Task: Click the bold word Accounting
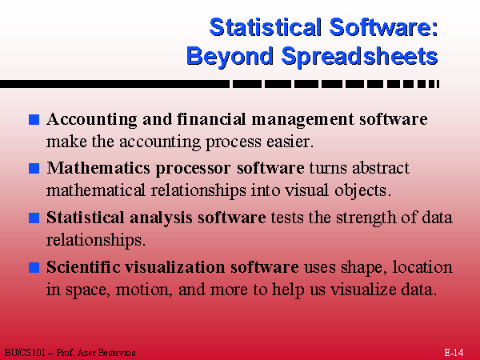87,120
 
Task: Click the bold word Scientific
83,266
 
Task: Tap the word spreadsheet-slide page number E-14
454,352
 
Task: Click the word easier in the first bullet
287,142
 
